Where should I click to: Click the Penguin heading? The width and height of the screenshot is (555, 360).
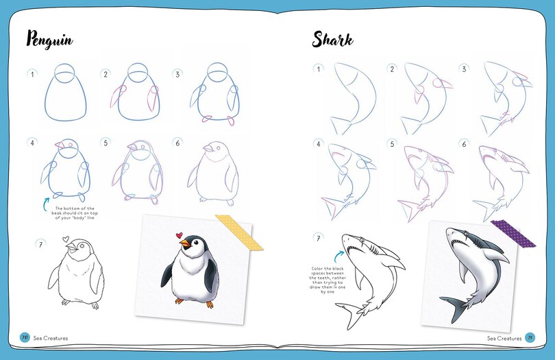click(50, 40)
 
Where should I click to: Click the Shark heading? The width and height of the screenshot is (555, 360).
click(333, 40)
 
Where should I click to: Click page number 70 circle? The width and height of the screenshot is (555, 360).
click(23, 337)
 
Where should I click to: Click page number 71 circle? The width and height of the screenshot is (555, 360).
click(529, 337)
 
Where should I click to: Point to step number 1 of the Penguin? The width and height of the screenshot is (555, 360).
click(32, 73)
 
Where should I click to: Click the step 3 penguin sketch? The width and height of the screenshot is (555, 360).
click(214, 96)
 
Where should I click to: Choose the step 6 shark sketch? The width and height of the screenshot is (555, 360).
click(500, 175)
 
